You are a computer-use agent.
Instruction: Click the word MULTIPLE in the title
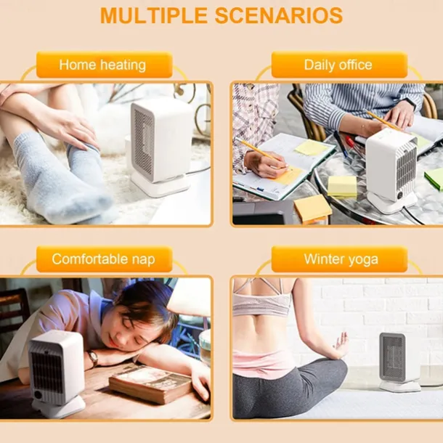coord(154,15)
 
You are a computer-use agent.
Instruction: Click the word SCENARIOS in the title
coord(279,15)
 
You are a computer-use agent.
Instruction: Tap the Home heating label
coord(102,65)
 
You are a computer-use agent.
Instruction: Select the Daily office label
coord(338,65)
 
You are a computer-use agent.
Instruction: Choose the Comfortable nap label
coord(103,259)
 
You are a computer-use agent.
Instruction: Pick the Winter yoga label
coord(341,259)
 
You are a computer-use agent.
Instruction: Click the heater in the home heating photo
coord(160,147)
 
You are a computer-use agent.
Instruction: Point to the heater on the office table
coord(392,171)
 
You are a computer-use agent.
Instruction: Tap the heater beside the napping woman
coord(57,373)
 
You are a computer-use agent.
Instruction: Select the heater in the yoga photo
coord(397,362)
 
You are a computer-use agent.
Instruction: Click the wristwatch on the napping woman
coord(93,359)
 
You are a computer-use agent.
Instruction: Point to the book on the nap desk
coord(151,383)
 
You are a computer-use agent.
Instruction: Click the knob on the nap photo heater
coord(38,394)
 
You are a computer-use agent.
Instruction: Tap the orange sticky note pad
coord(312,209)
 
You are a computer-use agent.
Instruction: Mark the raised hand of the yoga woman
coord(341,345)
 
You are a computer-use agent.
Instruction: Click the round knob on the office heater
coord(400,195)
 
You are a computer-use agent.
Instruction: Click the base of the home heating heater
coord(160,184)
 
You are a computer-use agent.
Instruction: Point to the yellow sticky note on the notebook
coord(311,147)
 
